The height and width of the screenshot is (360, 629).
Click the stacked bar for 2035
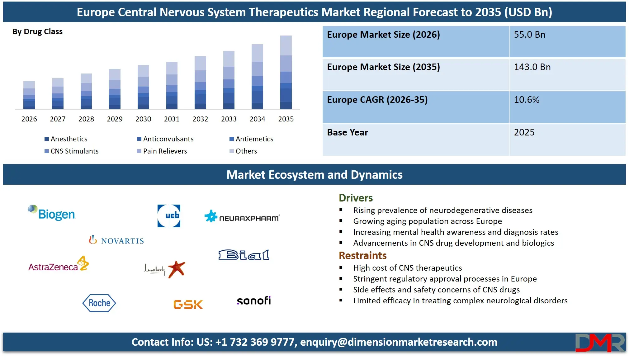coord(286,72)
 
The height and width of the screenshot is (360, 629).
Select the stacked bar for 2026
coord(29,95)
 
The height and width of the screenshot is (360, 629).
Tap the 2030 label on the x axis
coord(143,119)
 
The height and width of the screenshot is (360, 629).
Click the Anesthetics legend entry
coord(66,139)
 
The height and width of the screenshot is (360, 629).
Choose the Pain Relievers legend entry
coord(162,151)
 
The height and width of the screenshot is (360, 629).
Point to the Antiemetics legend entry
coord(251,139)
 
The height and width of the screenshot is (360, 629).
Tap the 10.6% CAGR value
coord(527,100)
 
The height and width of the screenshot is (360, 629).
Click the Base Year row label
coord(348,133)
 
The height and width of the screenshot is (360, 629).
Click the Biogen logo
coord(52,213)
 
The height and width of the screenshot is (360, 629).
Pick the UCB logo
coord(169,216)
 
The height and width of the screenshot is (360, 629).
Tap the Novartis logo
coord(116,240)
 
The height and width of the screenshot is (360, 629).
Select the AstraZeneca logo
coord(59,264)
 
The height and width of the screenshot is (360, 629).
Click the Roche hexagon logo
coord(99,303)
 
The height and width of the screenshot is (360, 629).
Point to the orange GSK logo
coord(188,304)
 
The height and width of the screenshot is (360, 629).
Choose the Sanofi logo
coord(254,301)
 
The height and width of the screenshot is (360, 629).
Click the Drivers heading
coord(356,198)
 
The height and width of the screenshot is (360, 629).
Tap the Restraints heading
coord(362,256)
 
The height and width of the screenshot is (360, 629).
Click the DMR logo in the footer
coord(600,343)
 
